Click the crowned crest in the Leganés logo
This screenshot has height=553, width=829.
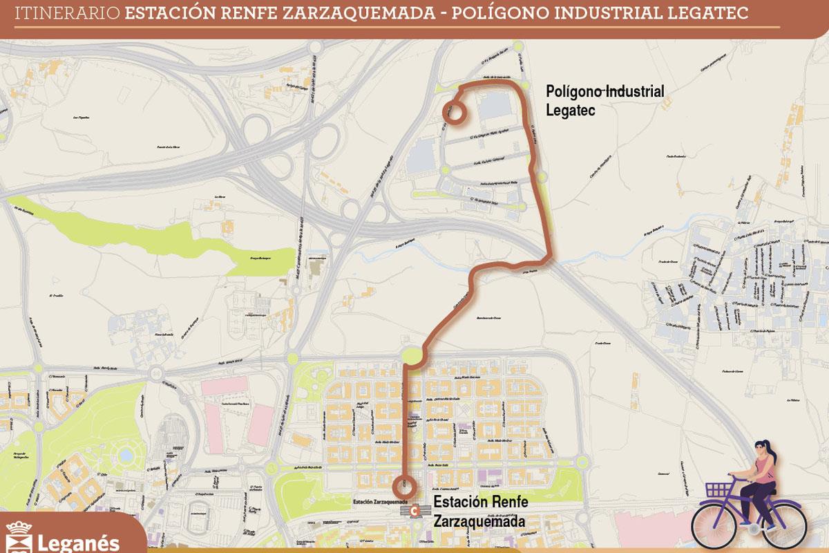tap(19, 538)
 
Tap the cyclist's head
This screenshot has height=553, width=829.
tap(763, 451)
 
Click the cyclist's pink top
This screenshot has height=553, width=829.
tap(765, 473)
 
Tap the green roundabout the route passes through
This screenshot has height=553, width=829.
tap(413, 356)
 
